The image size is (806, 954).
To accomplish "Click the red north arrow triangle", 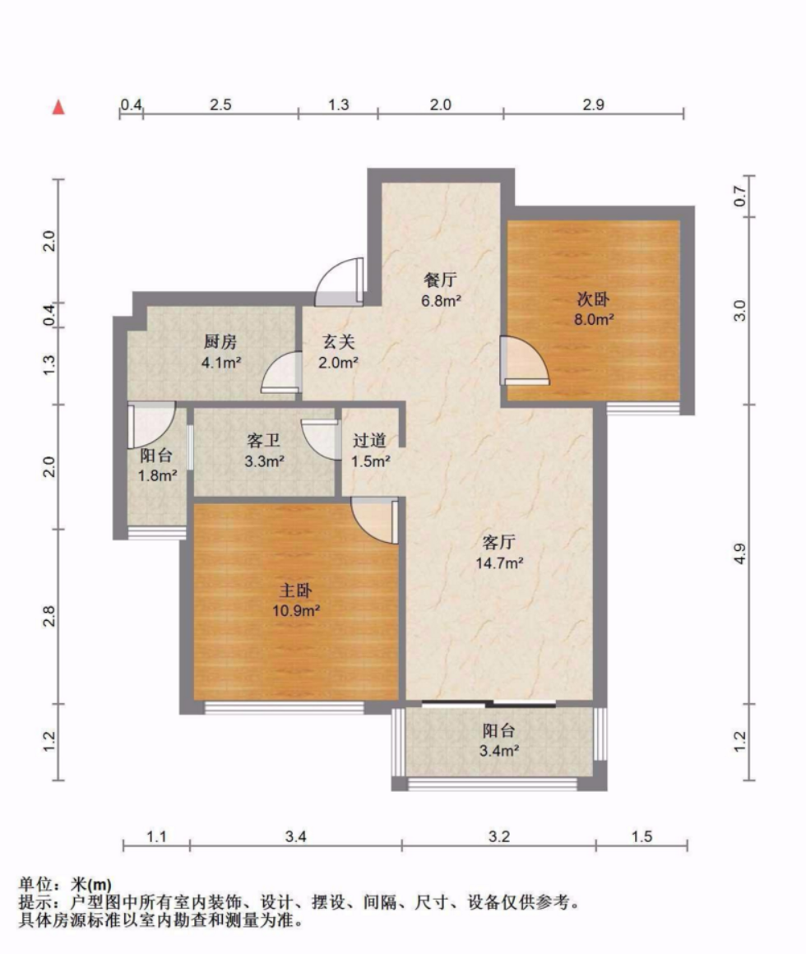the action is (58, 108).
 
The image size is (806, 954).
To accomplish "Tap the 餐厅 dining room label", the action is (440, 280).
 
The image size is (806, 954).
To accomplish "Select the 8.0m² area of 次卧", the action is (594, 319).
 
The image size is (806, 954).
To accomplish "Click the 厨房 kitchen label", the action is (220, 342).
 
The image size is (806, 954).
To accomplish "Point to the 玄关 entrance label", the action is (338, 342).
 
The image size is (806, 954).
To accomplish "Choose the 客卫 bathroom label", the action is (263, 440).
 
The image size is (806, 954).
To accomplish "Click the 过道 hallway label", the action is (369, 440).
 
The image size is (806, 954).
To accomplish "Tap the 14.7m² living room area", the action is (499, 563).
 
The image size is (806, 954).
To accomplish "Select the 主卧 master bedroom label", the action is (295, 590).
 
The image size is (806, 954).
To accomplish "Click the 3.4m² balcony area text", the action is (498, 751).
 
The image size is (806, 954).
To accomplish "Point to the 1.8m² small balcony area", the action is (158, 475).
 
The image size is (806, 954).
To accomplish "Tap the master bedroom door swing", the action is (374, 521).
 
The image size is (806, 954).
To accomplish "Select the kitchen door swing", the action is (281, 372).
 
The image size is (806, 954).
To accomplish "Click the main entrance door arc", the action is (339, 282).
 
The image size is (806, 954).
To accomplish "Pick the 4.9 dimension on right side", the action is (739, 553).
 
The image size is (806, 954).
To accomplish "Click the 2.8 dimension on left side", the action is (49, 616).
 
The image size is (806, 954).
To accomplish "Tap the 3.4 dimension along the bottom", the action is (295, 836).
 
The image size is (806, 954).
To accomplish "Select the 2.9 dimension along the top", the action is (594, 104).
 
